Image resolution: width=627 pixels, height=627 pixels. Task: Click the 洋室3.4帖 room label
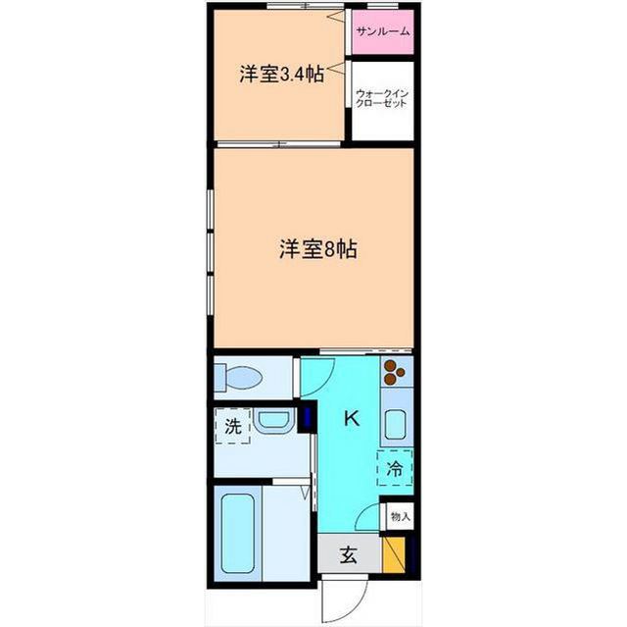[x=282, y=74]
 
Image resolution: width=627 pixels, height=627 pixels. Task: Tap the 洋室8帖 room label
[x=317, y=249]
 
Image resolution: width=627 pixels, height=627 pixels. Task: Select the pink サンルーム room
[x=383, y=31]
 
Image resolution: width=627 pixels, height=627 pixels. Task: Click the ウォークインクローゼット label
[x=382, y=98]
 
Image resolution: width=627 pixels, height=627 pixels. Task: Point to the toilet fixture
[x=238, y=377]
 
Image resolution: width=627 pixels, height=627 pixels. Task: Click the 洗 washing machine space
[x=233, y=426]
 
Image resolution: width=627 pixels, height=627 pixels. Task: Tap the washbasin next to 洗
[x=274, y=421]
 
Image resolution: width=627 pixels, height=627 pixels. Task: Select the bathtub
[x=238, y=534]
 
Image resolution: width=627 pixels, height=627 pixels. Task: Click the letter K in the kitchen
[x=353, y=419]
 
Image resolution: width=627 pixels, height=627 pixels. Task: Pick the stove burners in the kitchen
[x=394, y=372]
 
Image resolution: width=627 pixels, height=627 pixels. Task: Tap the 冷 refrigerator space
[x=395, y=468]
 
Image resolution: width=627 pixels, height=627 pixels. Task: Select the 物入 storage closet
[x=400, y=516]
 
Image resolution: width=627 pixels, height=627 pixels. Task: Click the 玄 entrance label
[x=349, y=555]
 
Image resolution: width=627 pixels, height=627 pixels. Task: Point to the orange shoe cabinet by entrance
[x=394, y=554]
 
